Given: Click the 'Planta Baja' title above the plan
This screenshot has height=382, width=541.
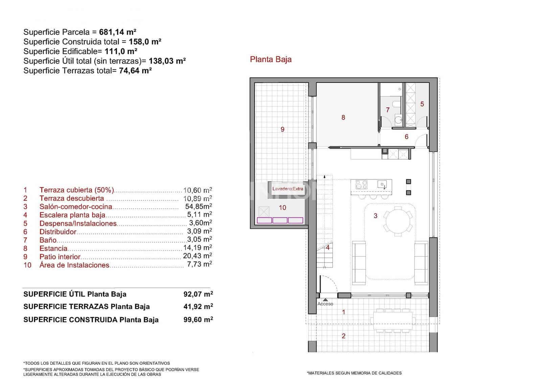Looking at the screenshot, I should (x=270, y=59).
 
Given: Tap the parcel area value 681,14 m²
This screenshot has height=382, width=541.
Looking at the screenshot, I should (x=118, y=32).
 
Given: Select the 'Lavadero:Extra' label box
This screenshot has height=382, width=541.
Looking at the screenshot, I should (x=288, y=189).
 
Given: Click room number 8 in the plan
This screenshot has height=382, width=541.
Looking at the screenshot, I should (x=343, y=118).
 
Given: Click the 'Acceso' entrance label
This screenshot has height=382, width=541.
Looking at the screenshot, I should (x=325, y=304).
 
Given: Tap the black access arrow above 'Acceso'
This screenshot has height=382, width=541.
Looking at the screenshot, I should (x=325, y=299).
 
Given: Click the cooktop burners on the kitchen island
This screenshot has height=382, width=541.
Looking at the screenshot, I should (x=361, y=184).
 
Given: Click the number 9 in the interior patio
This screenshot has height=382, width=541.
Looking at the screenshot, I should (x=283, y=129).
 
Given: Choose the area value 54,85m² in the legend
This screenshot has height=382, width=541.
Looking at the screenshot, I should (x=198, y=207).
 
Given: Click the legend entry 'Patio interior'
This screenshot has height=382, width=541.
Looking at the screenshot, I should (x=60, y=257).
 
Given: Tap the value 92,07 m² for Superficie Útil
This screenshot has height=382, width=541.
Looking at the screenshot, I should (x=198, y=294).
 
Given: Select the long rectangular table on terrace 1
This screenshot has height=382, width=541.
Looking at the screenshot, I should (x=393, y=319).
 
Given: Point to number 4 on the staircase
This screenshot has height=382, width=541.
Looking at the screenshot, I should (x=327, y=248).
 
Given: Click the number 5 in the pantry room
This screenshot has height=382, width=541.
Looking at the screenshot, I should (x=422, y=104).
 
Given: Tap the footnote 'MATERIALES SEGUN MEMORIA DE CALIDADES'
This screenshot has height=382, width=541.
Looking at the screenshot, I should (x=354, y=373).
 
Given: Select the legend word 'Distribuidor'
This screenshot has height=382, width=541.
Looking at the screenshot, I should (x=58, y=232).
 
